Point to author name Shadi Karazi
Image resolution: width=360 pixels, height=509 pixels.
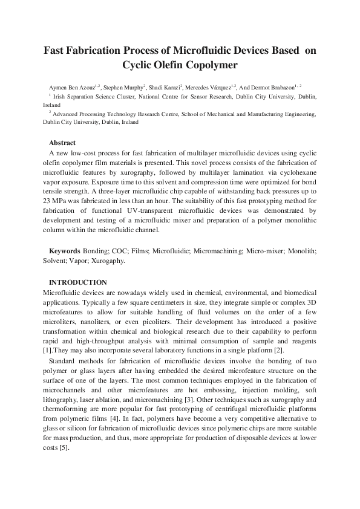[x=167, y=88]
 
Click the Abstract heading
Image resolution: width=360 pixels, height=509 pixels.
[x=62, y=143]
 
